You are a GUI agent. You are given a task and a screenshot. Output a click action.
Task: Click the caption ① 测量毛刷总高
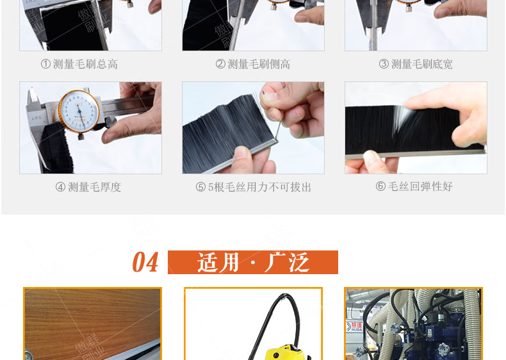point(79,64)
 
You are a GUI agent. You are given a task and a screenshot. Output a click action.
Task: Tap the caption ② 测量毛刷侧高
point(253,64)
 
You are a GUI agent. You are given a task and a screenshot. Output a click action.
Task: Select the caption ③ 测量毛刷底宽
point(416,64)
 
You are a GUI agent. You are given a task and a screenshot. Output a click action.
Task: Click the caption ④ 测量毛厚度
point(88,187)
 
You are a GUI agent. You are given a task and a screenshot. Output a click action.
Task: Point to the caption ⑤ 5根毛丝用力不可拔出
point(254,187)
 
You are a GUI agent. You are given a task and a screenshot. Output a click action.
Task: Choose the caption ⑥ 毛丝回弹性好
point(414,186)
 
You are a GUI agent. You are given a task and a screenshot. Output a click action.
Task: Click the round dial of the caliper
point(79,113)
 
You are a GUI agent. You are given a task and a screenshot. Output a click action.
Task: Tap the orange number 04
point(145,263)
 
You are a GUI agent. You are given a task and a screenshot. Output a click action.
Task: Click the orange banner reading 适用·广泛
point(253,263)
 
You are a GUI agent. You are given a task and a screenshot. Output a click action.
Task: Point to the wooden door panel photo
point(92,320)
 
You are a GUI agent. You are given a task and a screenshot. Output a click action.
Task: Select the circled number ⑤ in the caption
point(200,187)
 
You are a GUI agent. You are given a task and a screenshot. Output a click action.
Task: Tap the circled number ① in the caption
point(45,64)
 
